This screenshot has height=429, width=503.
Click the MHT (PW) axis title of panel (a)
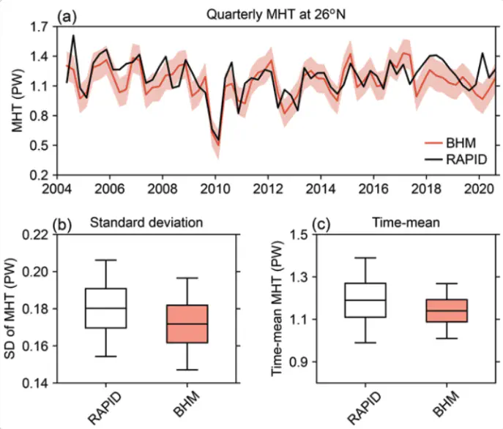pos(16,101)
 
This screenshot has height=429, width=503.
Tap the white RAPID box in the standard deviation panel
pos(106,308)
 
